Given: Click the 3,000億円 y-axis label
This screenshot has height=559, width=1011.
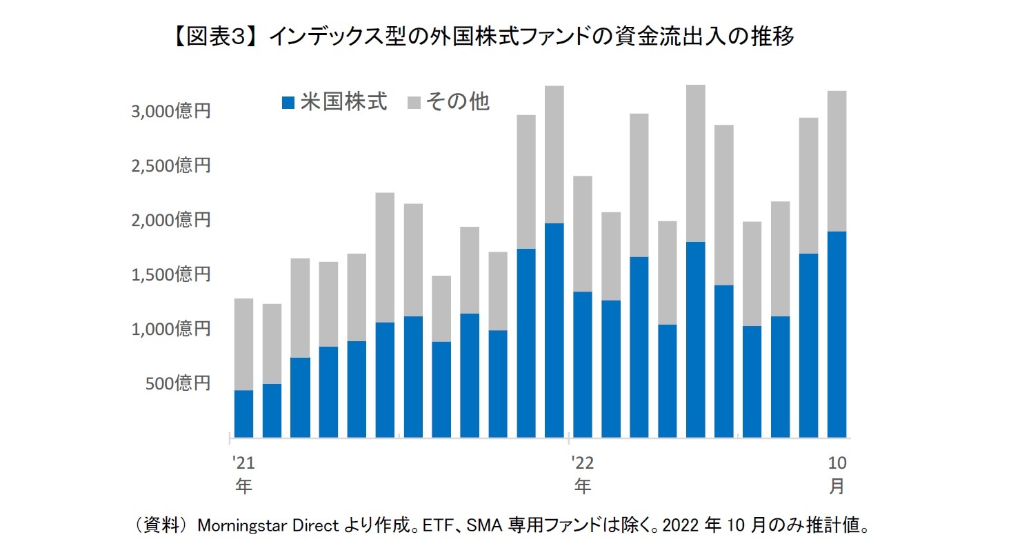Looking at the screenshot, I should coord(170,112).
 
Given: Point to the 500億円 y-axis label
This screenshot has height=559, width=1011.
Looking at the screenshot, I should coord(177,384).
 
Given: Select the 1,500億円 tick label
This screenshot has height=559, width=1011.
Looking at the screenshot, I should coord(170,275).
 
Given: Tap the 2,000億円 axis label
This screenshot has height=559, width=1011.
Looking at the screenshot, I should coord(170,221).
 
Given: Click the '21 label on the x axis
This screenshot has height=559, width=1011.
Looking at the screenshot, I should coord(242,461).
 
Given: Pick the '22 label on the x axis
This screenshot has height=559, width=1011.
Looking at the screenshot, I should coord(582,461).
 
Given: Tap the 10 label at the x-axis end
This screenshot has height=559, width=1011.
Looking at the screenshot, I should coord(836,461).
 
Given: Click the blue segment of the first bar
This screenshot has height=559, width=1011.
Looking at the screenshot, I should coord(243,414).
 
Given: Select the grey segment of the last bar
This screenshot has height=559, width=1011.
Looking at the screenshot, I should coord(837,161).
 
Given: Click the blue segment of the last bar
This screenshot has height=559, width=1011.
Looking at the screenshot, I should coord(837,334).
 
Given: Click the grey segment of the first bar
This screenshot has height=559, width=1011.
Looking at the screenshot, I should coord(243,344).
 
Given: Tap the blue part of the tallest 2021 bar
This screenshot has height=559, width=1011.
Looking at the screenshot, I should coord(554,330).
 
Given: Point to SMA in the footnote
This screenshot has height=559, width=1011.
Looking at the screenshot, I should coord(483,526).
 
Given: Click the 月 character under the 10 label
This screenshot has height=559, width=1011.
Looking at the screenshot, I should coord(836,486).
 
